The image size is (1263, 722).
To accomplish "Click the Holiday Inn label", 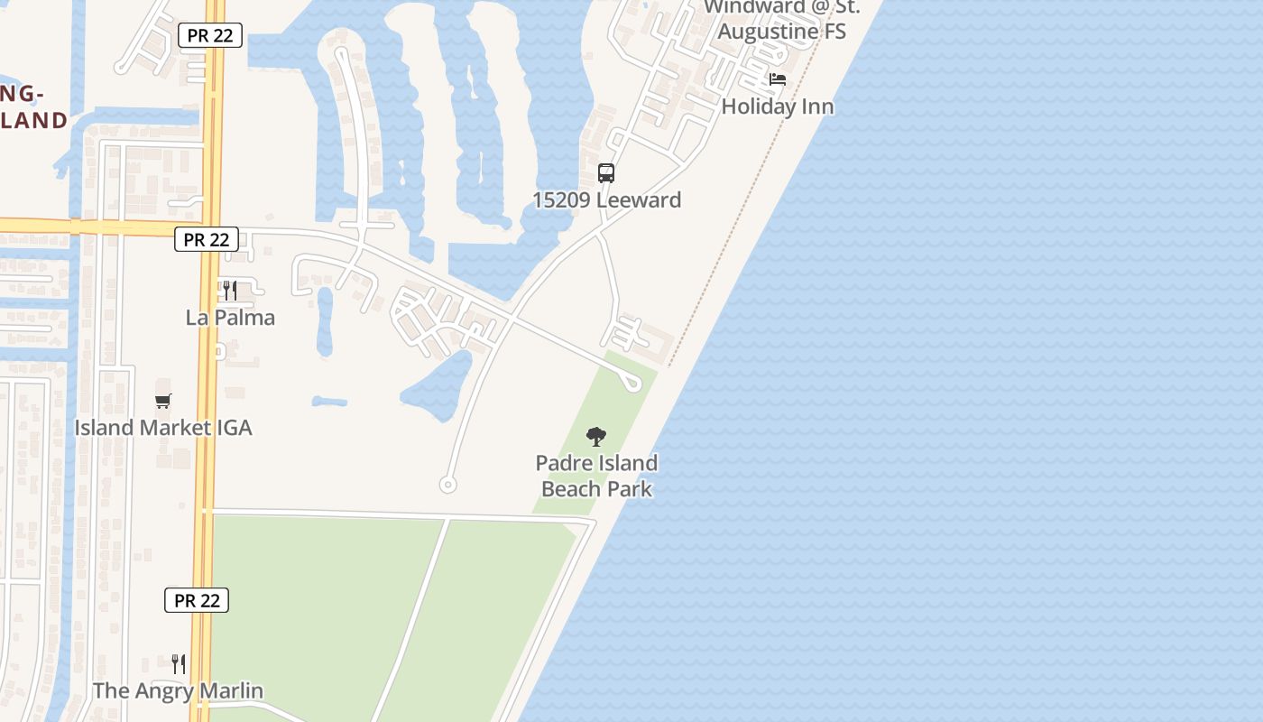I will (777, 106).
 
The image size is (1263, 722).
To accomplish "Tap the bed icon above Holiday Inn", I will (777, 80).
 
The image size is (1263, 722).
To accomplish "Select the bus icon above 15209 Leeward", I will (606, 172).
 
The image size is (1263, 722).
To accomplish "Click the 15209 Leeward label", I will (606, 199).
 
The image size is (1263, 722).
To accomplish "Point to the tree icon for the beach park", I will (595, 438).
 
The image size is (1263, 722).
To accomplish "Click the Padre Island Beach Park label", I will (596, 476).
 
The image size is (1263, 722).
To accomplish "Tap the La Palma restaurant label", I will (230, 318).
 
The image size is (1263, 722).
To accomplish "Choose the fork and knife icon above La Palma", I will (230, 291).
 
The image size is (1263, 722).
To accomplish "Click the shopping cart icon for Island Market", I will (162, 401).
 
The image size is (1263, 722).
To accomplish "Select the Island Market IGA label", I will (162, 427).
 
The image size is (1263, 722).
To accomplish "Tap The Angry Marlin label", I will (178, 690).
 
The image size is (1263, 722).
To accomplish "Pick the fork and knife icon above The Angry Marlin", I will (179, 664).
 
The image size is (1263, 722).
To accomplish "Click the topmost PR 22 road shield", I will (210, 35).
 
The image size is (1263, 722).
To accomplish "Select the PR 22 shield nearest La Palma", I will (207, 239).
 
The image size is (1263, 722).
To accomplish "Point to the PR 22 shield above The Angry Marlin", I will (197, 600).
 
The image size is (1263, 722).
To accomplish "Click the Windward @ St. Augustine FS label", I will (781, 19).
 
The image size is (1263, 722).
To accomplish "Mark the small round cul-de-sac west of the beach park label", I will (447, 485).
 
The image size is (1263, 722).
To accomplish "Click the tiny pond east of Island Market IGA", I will (329, 401).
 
